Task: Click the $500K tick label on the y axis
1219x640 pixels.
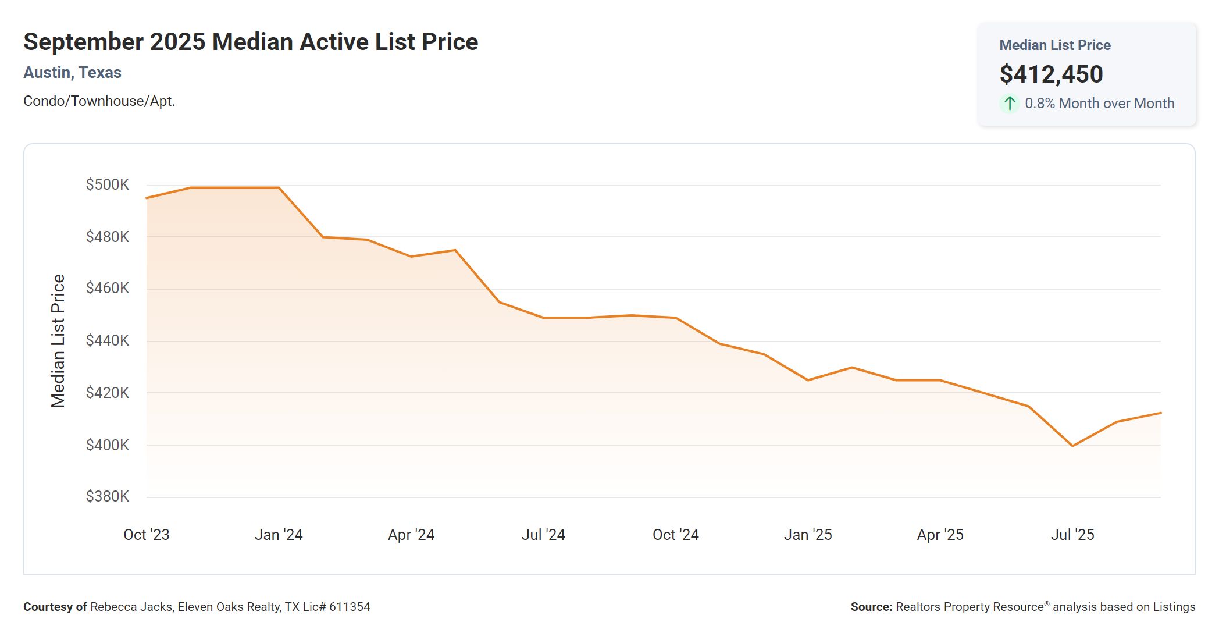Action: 108,185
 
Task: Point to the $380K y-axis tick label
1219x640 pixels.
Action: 108,496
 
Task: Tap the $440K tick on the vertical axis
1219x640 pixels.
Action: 108,340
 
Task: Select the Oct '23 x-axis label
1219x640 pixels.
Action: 147,535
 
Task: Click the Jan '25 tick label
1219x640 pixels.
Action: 808,535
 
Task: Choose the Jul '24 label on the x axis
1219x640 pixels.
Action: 543,535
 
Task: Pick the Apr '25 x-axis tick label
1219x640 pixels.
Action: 940,535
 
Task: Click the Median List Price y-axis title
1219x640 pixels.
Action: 58,341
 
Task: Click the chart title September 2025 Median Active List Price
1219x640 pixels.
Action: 251,42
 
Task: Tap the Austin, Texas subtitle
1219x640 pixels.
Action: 72,73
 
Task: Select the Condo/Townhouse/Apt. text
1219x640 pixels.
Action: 99,101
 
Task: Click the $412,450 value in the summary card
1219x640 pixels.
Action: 1051,74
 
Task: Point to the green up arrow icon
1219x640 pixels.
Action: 1010,104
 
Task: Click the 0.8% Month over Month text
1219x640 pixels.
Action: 1099,104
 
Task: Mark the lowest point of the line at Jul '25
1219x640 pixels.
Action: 1072,446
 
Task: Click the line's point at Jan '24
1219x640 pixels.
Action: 279,187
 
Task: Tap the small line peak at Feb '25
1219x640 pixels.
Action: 852,367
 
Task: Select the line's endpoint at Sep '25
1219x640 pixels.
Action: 1160,413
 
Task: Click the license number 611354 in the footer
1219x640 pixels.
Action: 350,607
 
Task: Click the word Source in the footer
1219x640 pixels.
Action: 870,607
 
